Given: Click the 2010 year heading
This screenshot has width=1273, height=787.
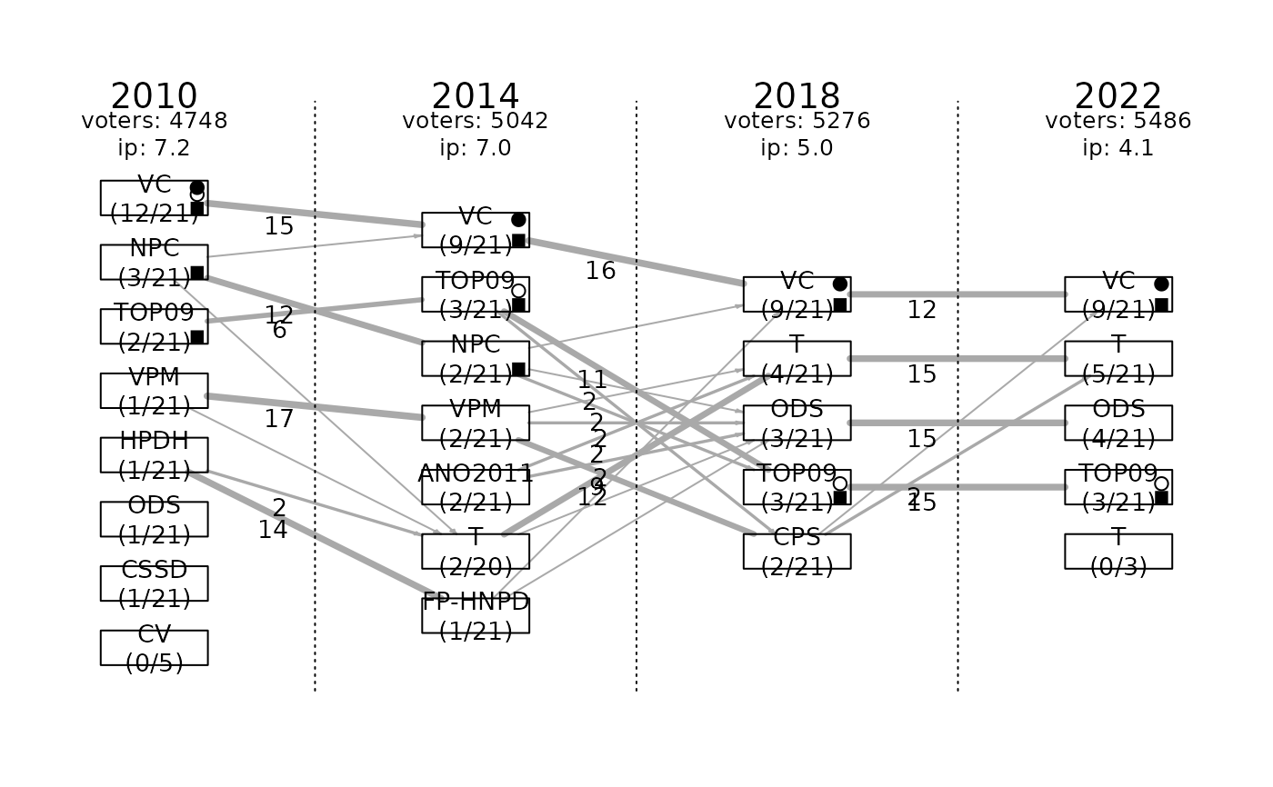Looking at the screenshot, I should [x=155, y=96].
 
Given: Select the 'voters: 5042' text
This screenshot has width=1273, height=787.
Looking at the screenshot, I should [x=476, y=121].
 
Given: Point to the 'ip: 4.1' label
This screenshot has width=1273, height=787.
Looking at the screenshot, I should [x=1118, y=148].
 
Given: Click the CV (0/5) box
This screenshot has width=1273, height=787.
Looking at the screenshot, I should [x=155, y=648].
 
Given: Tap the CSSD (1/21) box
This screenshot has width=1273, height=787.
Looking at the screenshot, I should [x=155, y=583].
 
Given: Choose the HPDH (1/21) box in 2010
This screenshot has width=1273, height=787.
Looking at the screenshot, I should [x=155, y=454].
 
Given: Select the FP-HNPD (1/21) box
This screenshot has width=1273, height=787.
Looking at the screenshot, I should [x=476, y=615].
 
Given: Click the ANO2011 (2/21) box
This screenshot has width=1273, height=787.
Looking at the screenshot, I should [x=476, y=487].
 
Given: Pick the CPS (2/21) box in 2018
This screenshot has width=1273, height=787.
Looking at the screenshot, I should [x=797, y=551].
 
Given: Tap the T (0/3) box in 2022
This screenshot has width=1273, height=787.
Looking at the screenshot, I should [x=1118, y=551].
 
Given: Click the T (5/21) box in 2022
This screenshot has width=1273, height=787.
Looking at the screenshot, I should [x=1118, y=358].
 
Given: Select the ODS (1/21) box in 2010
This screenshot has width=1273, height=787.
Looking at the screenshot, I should [x=155, y=519].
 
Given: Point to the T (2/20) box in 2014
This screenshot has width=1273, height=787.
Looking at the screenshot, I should [x=476, y=551].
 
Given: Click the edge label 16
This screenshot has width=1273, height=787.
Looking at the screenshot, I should [x=600, y=271].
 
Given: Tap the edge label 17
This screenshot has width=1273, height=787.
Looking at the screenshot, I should [x=279, y=419].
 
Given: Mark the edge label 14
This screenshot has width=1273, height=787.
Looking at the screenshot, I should [x=273, y=530].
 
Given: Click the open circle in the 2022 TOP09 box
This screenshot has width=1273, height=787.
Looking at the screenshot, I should [x=1161, y=483].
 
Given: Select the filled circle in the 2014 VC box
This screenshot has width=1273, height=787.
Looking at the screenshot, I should [x=518, y=220].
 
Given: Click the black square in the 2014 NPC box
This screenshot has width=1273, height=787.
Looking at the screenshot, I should [x=518, y=369].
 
